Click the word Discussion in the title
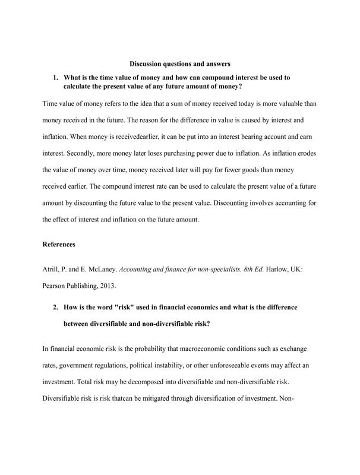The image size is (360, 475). click(x=146, y=64)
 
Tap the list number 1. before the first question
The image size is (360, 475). click(x=56, y=77)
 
